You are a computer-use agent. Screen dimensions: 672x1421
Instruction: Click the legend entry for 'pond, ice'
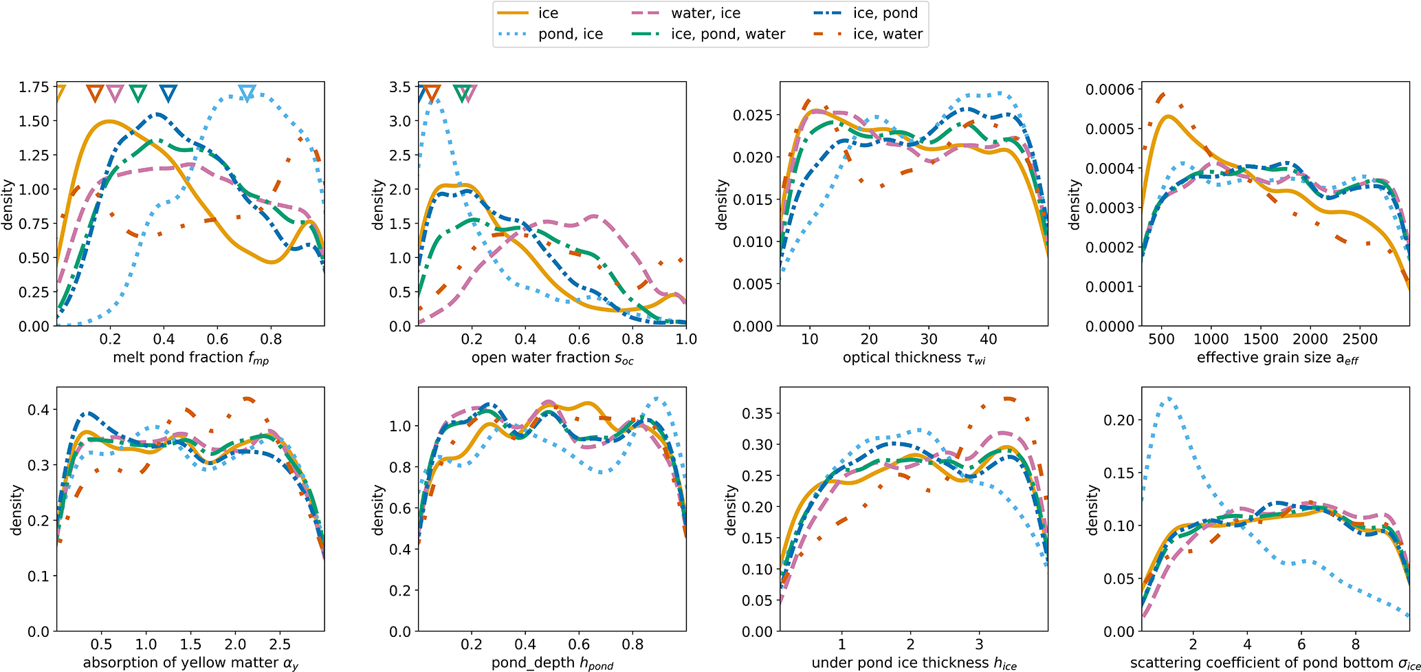click(570, 34)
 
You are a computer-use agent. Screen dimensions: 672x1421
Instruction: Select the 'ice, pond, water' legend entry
click(727, 34)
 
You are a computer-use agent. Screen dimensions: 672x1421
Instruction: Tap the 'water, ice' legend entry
click(705, 13)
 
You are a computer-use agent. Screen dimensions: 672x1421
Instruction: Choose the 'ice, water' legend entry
click(888, 34)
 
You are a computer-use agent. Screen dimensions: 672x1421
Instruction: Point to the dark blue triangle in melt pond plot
click(168, 93)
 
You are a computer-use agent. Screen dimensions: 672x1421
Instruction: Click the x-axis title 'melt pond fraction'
click(190, 358)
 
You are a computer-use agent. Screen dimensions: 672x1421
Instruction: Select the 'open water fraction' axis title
click(552, 358)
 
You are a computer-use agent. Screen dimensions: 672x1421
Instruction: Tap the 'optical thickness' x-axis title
click(914, 358)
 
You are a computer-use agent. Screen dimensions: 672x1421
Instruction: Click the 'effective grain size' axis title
click(1277, 358)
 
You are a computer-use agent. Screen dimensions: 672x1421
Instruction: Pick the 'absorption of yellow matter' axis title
click(190, 663)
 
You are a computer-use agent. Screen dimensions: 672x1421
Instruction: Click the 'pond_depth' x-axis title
click(552, 663)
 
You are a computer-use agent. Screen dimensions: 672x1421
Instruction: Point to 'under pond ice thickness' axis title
click(914, 663)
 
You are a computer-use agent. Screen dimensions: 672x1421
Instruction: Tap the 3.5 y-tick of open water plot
click(400, 87)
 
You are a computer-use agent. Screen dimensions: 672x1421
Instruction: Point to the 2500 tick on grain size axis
click(1360, 339)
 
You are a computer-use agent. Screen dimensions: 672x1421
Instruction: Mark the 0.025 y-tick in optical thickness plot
click(753, 115)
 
